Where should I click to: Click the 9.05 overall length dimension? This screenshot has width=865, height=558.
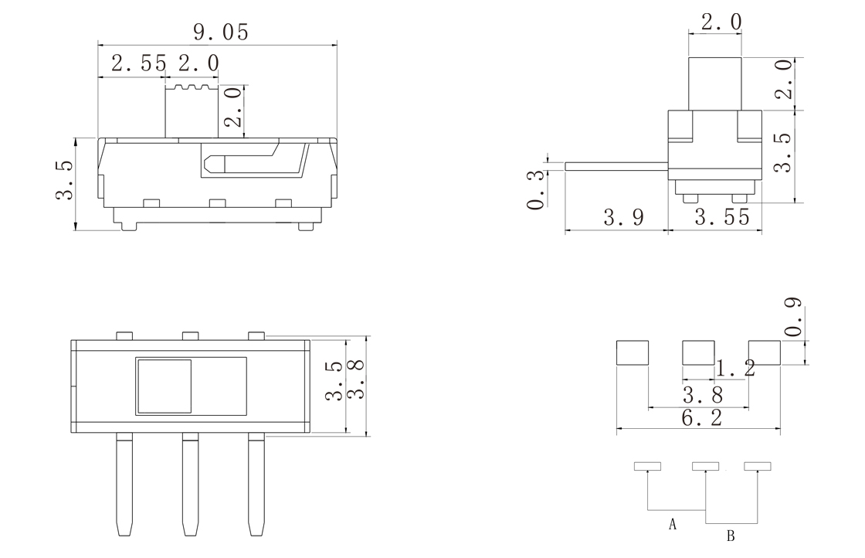[221, 32]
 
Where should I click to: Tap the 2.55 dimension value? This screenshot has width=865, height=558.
[138, 63]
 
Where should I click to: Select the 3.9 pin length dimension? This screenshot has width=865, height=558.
[623, 217]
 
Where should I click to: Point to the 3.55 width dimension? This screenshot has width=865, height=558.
[722, 217]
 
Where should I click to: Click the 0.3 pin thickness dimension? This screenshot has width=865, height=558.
[535, 190]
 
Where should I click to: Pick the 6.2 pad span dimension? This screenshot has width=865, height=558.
[702, 418]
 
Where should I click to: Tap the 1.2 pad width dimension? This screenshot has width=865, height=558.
[735, 368]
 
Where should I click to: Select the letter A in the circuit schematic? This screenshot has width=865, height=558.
[672, 524]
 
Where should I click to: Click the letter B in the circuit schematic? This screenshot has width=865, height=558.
[731, 536]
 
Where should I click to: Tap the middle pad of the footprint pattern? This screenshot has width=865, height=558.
[698, 352]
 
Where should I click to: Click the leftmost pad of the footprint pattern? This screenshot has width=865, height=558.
[633, 352]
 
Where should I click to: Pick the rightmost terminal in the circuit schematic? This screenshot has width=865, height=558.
[758, 466]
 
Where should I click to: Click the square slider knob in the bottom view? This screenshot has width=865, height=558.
[165, 386]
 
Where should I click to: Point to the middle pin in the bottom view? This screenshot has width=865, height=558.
[190, 484]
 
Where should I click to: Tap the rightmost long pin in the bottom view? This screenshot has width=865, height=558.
[256, 484]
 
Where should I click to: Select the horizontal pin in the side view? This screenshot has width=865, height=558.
[617, 167]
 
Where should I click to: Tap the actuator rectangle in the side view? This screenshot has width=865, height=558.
[715, 83]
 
